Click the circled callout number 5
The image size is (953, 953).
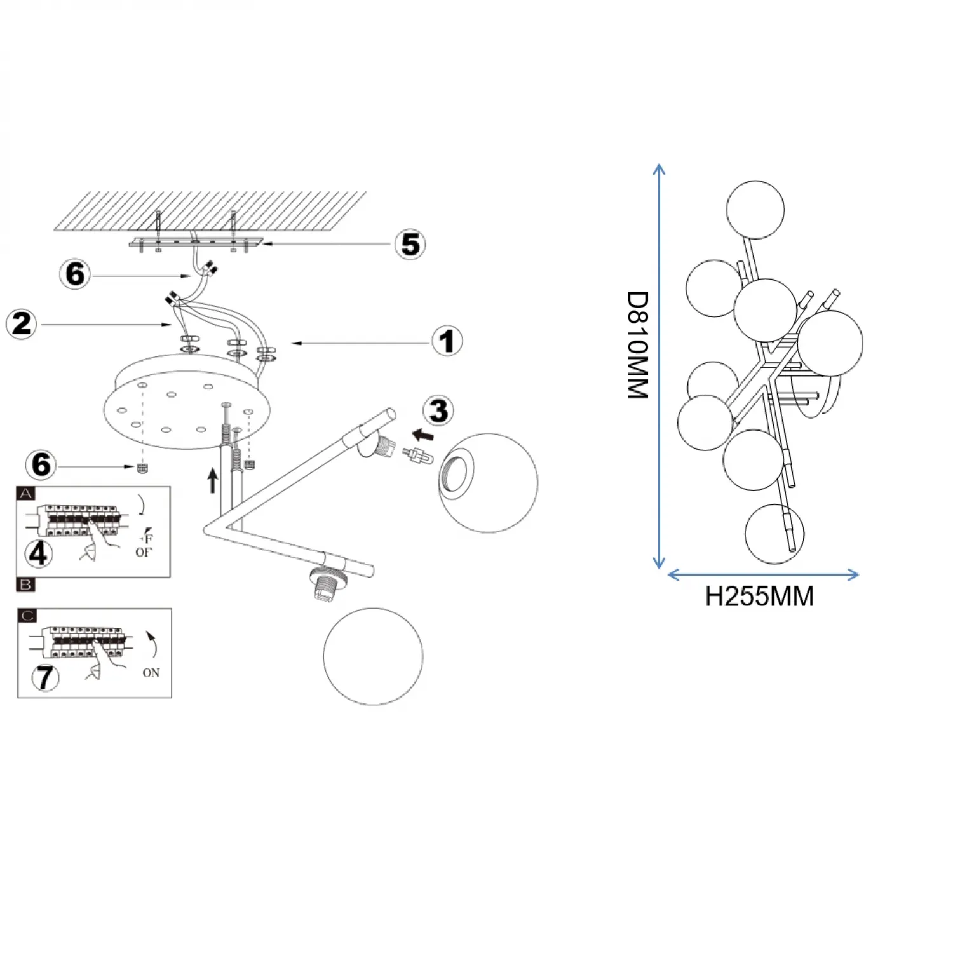[x=410, y=245]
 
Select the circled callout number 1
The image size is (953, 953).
[x=447, y=341]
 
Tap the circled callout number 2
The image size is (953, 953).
[x=21, y=324]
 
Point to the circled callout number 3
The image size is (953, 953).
[x=438, y=411]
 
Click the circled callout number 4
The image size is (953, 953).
[x=38, y=553]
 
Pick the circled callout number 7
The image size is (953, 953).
[x=44, y=677]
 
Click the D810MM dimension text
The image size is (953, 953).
[x=638, y=345]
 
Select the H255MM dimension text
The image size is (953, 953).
[x=759, y=597]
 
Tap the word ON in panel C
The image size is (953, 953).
[x=151, y=673]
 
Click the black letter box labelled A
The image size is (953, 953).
[x=26, y=494]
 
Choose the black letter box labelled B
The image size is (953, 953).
[x=26, y=585]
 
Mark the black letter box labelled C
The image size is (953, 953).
[x=28, y=616]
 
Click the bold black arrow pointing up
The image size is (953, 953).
[x=213, y=480]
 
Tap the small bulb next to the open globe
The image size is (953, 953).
[x=417, y=456]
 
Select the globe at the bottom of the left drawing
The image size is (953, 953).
[x=373, y=656]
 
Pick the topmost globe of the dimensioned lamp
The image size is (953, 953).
[x=755, y=210]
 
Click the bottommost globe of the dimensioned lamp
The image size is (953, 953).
[x=774, y=534]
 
